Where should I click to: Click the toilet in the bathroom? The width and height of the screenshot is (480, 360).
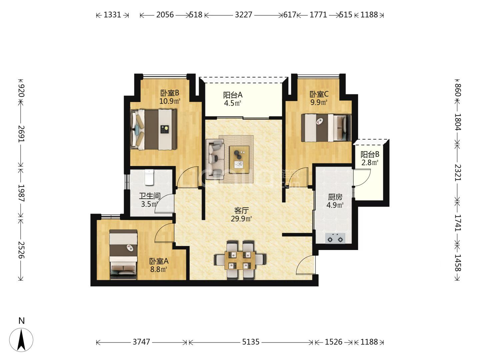149,177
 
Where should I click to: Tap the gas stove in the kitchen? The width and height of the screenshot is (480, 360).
335,238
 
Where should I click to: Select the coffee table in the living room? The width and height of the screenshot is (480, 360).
239,160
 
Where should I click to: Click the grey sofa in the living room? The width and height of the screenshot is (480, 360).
215,159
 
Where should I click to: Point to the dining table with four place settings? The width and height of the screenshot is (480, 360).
240,260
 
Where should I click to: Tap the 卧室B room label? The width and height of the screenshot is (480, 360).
170,93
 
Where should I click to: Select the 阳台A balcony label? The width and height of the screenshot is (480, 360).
233,95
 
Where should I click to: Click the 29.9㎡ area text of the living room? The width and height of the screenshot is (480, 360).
241,219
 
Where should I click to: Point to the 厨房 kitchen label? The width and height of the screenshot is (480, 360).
335,197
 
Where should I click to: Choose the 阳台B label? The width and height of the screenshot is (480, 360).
370,155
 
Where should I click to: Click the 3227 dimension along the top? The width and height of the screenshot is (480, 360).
243,15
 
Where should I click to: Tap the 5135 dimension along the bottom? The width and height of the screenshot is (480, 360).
251,342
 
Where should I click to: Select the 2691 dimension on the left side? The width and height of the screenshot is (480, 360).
21,134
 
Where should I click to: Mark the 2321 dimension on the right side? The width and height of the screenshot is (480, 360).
458,173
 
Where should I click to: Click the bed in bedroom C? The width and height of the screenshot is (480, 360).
326,128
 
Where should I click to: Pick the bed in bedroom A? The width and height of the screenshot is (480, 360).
123,254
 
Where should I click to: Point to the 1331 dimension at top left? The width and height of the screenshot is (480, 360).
112,15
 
